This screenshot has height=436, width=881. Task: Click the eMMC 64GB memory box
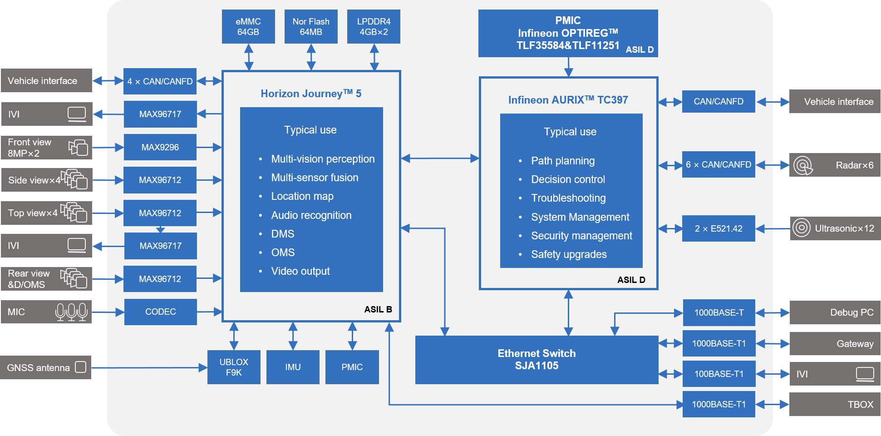[x=248, y=27]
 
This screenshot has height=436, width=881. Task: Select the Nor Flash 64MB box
[x=311, y=27]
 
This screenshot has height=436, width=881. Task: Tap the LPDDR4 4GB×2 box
[x=374, y=27]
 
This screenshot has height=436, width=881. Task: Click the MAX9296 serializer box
[x=160, y=147]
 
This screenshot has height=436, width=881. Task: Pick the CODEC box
[x=161, y=312]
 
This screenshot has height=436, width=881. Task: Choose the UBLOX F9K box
[x=234, y=367]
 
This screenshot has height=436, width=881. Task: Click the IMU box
[x=293, y=367]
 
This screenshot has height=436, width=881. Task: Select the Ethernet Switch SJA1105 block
[x=536, y=360]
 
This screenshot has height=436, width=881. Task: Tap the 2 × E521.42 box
[x=719, y=228]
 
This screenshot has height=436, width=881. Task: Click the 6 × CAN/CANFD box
[x=719, y=164]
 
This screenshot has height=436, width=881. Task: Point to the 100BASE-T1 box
[x=719, y=374]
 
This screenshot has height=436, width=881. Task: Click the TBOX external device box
[x=835, y=404]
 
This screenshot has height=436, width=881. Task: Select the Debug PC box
[x=835, y=312]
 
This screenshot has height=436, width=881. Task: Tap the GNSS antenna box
[x=46, y=367]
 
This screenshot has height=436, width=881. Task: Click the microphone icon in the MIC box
[x=71, y=312]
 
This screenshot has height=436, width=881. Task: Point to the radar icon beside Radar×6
[x=803, y=165]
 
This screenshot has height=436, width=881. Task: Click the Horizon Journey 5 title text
[x=311, y=94]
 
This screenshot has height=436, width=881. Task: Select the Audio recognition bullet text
[x=311, y=215]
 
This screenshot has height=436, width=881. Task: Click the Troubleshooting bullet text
[x=568, y=198]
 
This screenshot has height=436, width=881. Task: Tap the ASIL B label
[x=378, y=309]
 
